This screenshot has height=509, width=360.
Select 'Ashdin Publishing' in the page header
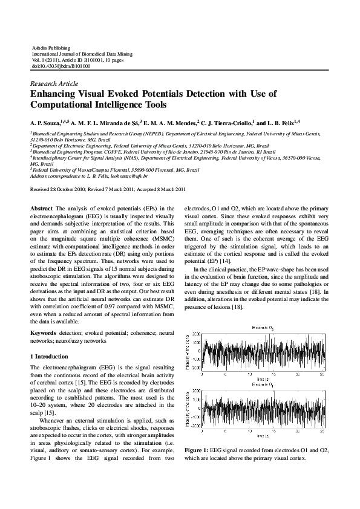click(x=50, y=47)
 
